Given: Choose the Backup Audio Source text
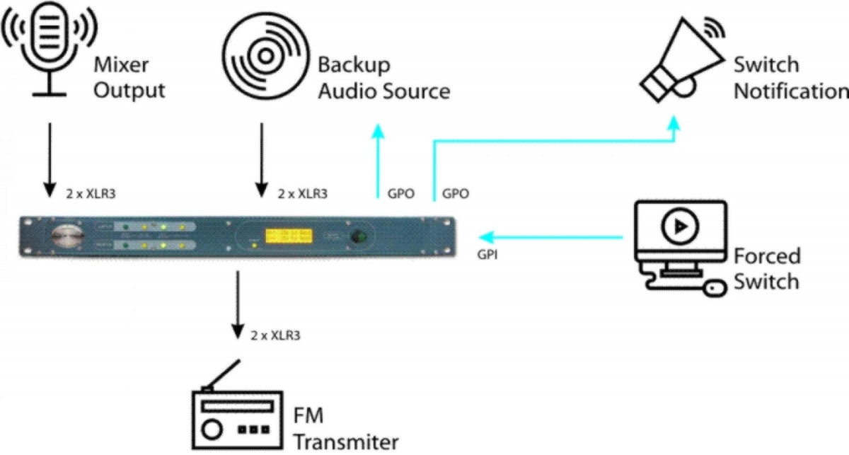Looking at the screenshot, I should pyautogui.click(x=383, y=78).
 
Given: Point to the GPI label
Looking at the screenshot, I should pyautogui.click(x=487, y=255).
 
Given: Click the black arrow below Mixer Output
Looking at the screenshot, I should pyautogui.click(x=49, y=159).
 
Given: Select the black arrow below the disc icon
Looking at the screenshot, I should pyautogui.click(x=261, y=159).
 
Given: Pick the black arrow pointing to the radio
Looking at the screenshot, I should pyautogui.click(x=237, y=304).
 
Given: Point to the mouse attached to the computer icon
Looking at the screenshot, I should pyautogui.click(x=715, y=289).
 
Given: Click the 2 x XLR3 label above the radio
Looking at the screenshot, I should pyautogui.click(x=275, y=335).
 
